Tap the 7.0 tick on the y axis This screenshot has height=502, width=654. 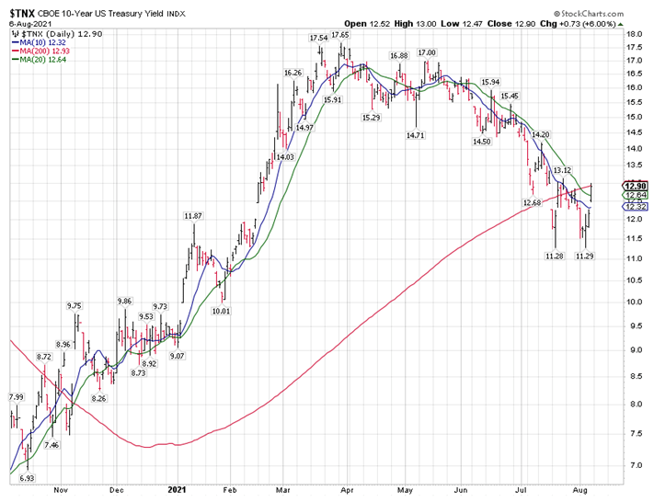pyautogui.click(x=633, y=465)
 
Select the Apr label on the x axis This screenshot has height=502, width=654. pyautogui.click(x=348, y=490)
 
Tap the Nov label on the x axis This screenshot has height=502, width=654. pyautogui.click(x=62, y=490)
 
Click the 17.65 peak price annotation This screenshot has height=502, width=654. pyautogui.click(x=340, y=34)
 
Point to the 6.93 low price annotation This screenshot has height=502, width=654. pyautogui.click(x=28, y=479)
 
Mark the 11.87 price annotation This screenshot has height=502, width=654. pyautogui.click(x=193, y=215)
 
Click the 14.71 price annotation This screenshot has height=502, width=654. pyautogui.click(x=416, y=135)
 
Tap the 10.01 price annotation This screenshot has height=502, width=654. pyautogui.click(x=220, y=311)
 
